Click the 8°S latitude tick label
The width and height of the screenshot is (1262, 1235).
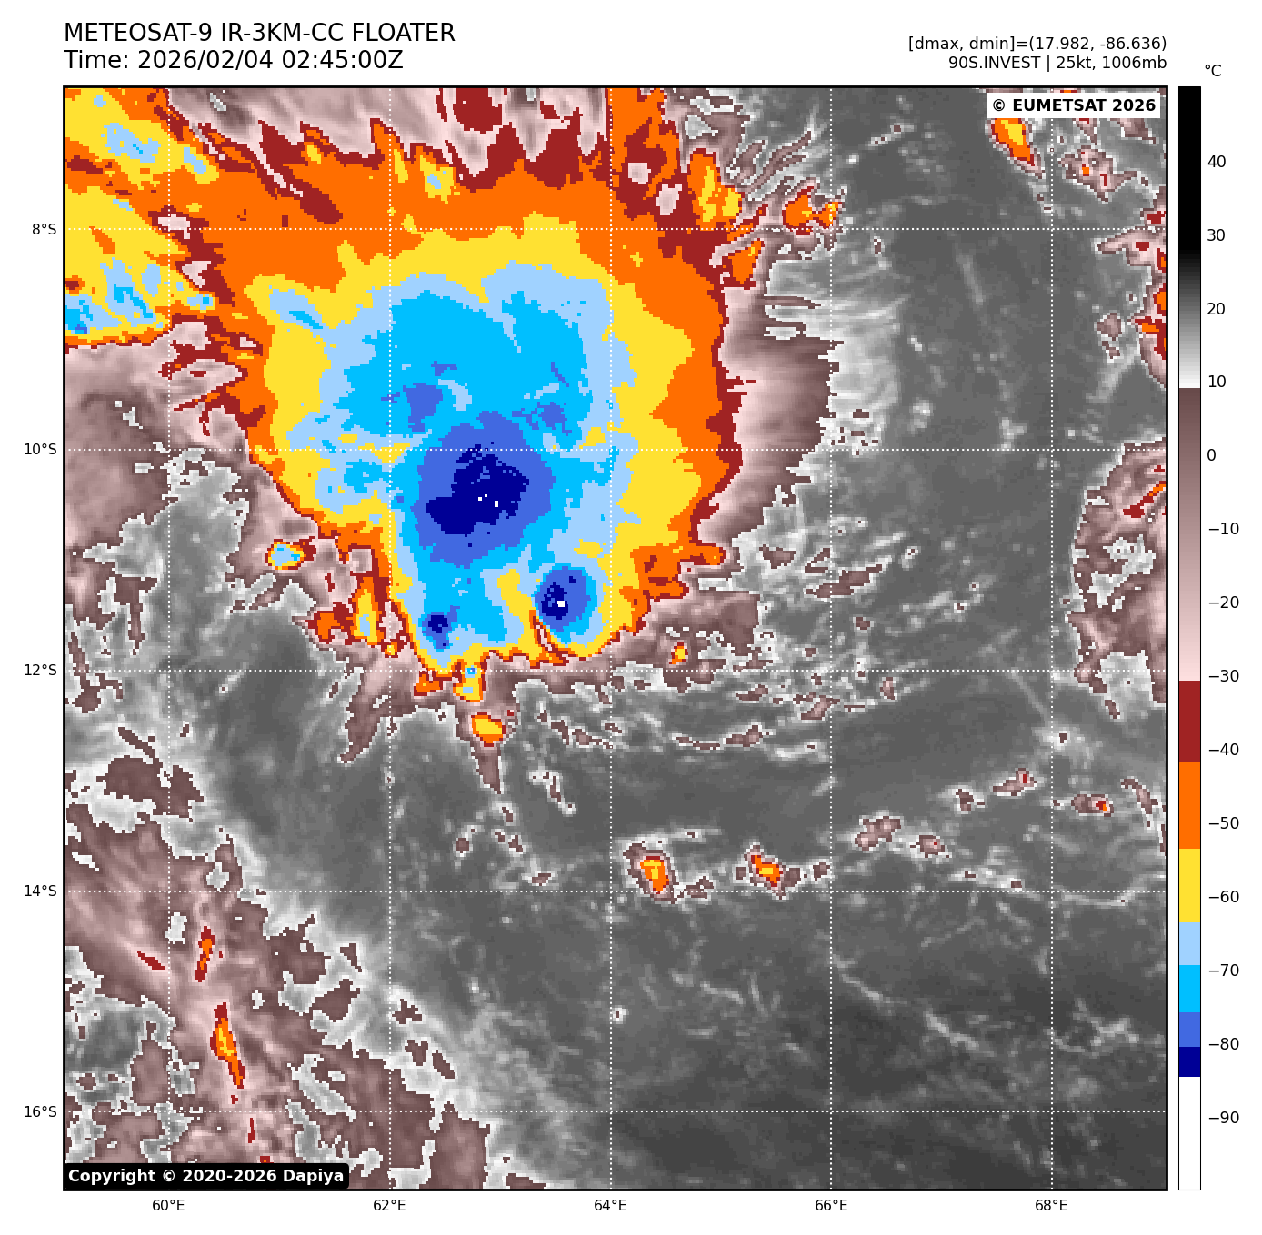click(x=44, y=229)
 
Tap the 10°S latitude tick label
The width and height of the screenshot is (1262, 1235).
click(x=40, y=449)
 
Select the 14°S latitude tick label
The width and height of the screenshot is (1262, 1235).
click(x=40, y=891)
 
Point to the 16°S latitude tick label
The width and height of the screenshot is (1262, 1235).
click(x=40, y=1111)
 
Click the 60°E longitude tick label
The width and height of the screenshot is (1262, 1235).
click(x=168, y=1206)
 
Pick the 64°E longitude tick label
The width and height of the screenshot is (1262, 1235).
click(x=610, y=1206)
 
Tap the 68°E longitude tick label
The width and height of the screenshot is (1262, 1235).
click(x=1052, y=1206)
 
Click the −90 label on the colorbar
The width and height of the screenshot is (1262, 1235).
click(x=1223, y=1118)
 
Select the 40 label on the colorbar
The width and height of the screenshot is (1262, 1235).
click(x=1217, y=162)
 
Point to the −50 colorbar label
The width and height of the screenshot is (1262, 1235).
click(x=1223, y=823)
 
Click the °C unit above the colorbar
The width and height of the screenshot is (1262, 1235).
click(x=1213, y=71)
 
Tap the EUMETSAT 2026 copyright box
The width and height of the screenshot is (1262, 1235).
click(x=1073, y=105)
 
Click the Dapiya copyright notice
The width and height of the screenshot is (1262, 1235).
click(x=206, y=1176)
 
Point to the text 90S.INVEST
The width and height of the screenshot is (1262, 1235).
click(x=994, y=63)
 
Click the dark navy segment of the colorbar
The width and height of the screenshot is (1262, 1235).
click(x=1189, y=1061)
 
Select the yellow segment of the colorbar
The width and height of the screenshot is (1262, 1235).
click(x=1189, y=886)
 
